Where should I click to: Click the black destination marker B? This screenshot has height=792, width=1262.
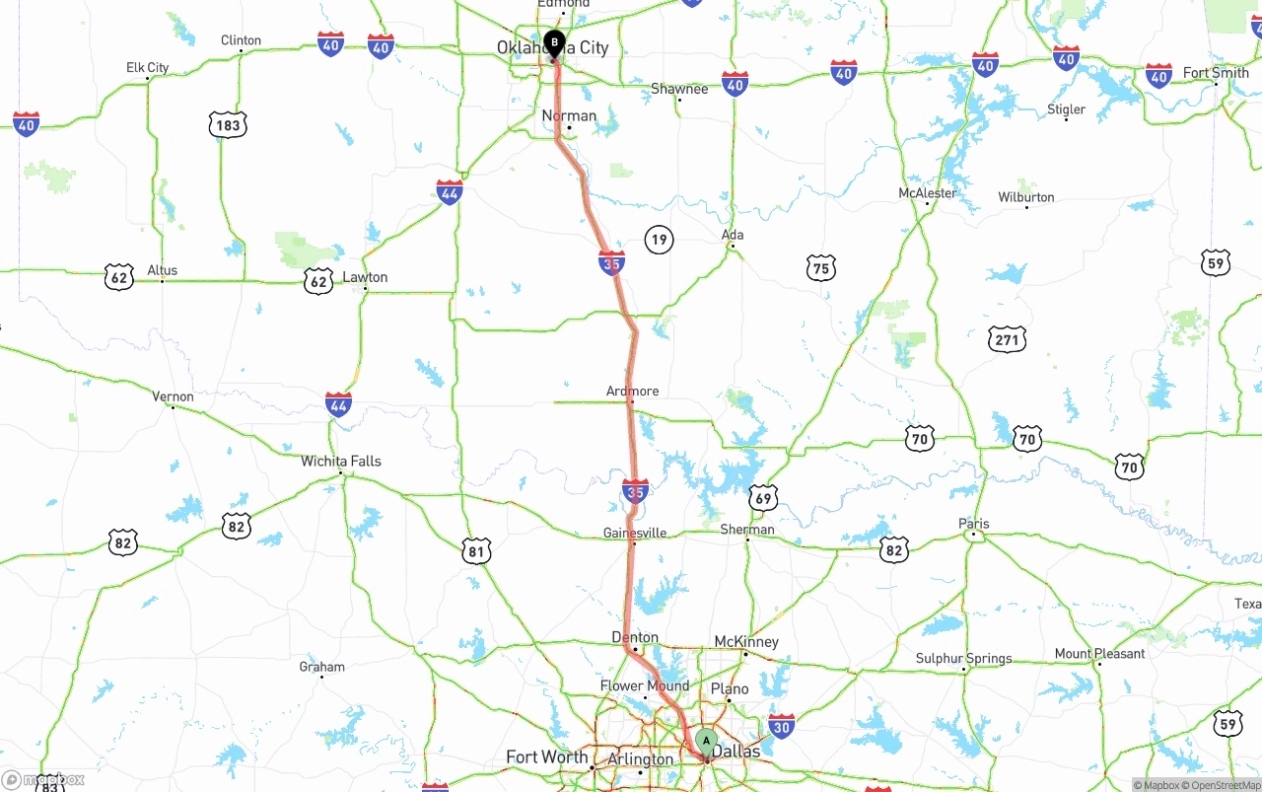[x=554, y=43]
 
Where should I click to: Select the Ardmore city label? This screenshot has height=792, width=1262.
[x=632, y=392]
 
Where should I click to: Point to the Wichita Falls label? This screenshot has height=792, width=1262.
[x=341, y=461]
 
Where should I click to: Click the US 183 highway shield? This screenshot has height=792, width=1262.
[x=227, y=125]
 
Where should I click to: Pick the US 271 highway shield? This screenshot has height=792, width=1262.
[x=1007, y=340]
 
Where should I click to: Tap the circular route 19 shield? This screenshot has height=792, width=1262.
[x=659, y=239]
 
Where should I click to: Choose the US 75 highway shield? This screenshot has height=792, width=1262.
[x=820, y=267]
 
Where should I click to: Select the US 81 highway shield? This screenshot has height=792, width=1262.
[x=476, y=551]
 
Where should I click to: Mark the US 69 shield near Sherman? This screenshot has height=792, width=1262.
[x=762, y=498]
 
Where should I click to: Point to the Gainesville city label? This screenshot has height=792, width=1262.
[x=635, y=533]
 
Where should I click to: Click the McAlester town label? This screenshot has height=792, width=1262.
[x=928, y=193]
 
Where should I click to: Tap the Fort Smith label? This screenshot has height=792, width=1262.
[x=1216, y=73]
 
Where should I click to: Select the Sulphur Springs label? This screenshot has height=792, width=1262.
[x=963, y=658]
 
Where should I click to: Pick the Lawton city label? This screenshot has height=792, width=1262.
[x=365, y=277]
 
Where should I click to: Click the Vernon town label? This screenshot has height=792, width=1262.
[x=173, y=396]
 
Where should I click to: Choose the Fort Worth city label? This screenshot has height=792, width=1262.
[x=547, y=757]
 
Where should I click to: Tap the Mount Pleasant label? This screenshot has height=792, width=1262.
[x=1099, y=653]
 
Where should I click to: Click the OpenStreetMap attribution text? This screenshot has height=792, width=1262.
[x=1225, y=785]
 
